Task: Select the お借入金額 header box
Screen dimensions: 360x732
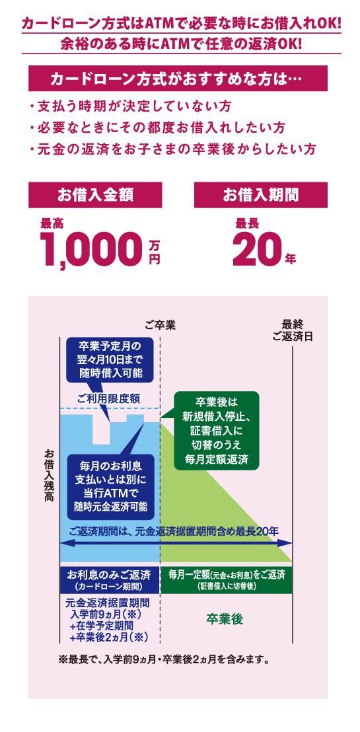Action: point(95,195)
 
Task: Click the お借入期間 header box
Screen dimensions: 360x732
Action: point(260,195)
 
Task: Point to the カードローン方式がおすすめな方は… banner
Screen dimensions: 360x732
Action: point(178,79)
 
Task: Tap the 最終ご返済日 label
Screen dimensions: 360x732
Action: point(293,330)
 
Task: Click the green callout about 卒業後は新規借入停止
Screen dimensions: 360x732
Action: point(216,431)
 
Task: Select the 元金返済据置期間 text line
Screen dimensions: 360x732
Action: point(108,603)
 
